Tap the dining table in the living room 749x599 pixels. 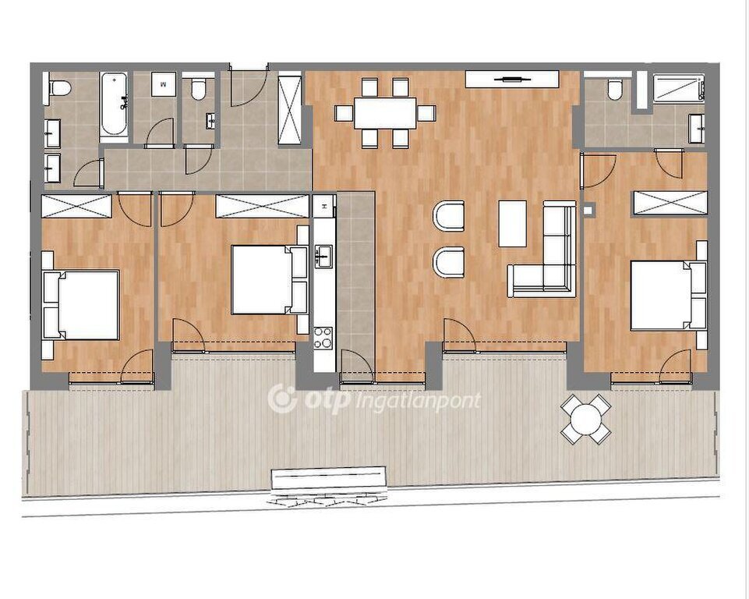pos(385,113)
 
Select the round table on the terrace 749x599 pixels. pos(586,420)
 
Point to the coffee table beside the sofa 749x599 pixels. pos(513,224)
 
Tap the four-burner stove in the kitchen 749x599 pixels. pos(323,338)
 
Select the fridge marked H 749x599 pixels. pos(324,206)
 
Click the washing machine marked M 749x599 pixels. pos(164,84)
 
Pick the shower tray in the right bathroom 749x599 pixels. pos(678,87)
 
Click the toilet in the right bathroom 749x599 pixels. pos(615,90)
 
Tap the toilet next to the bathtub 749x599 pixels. pos(60,88)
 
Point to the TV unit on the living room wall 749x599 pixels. pos(512,79)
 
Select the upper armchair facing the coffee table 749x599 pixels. pos(448,215)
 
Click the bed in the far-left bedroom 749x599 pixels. pos(81,305)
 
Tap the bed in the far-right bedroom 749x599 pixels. pos(668,295)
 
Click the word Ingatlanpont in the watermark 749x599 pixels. pos(419,400)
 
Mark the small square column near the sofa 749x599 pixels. pos(588,209)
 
